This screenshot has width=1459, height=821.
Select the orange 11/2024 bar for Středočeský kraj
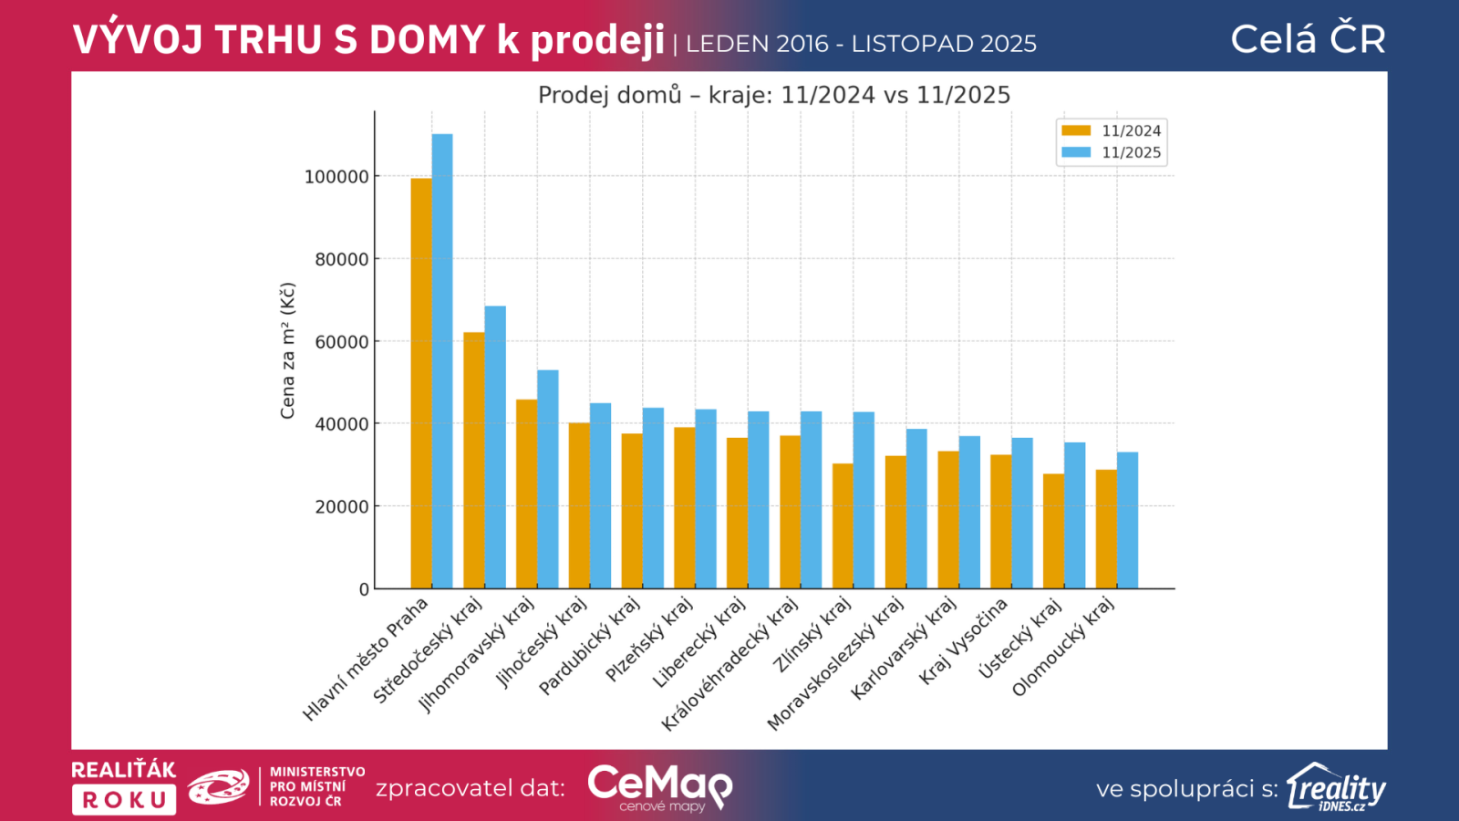(474, 461)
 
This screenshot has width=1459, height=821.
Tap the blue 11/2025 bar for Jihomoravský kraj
(548, 479)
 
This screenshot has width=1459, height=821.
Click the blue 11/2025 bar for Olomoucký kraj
(1128, 521)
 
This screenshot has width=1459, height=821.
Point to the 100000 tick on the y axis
(336, 177)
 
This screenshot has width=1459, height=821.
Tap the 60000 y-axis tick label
(342, 342)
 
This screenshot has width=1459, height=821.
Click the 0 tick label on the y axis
(364, 589)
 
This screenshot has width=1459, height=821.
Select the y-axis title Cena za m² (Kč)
(288, 351)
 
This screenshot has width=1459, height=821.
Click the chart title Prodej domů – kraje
(774, 95)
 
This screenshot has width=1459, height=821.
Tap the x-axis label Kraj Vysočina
(963, 641)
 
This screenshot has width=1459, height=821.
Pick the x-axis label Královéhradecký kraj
(730, 663)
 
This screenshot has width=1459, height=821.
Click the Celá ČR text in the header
(1308, 39)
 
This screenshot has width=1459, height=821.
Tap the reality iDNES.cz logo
(1336, 787)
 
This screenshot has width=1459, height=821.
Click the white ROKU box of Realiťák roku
(124, 800)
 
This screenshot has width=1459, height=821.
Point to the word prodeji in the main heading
(597, 40)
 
